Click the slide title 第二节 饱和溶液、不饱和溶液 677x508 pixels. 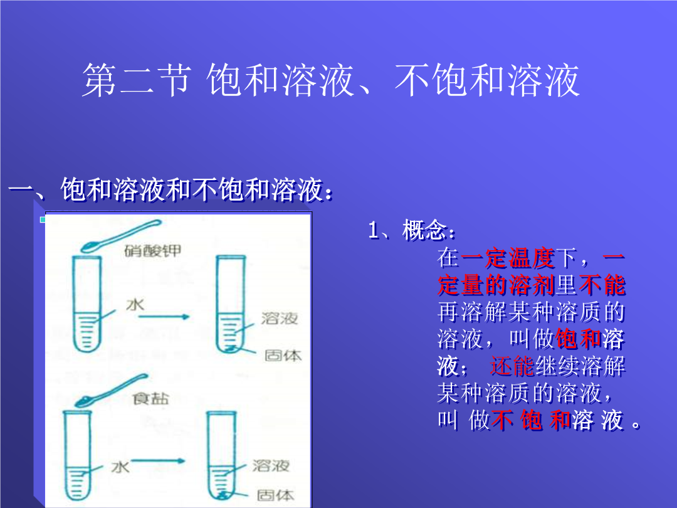coord(331,80)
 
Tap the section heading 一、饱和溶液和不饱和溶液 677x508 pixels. coord(171,189)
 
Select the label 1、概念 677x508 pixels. coord(412,230)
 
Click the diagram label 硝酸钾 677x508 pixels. coord(153,250)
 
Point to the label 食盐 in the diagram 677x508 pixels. coord(150,398)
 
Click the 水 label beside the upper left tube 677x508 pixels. coord(135,305)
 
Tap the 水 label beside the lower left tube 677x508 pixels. coord(120,467)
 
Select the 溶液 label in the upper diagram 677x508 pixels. coord(280,319)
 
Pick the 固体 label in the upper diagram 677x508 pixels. coord(283,356)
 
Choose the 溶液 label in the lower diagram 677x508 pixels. coord(271,465)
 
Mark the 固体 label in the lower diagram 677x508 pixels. coord(275,495)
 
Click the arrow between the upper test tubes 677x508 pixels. coord(164,317)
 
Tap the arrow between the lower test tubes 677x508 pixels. coord(158,461)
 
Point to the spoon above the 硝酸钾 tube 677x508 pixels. coord(120,235)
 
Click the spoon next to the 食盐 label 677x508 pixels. coord(111,390)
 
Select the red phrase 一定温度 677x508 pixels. coord(508,258)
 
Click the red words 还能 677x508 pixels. coord(512,366)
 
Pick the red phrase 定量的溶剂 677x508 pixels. coord(496,285)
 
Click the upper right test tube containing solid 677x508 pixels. coord(231,304)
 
